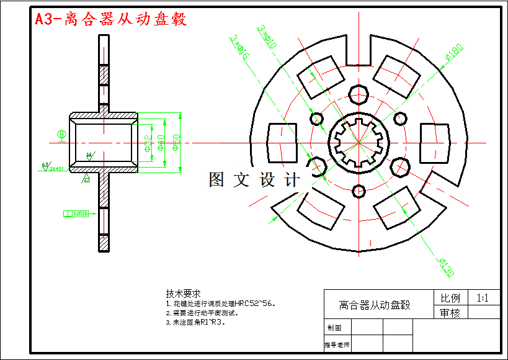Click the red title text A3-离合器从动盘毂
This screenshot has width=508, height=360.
[x=110, y=19]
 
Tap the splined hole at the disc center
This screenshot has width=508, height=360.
[x=359, y=143]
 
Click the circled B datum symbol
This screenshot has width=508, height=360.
[x=61, y=134]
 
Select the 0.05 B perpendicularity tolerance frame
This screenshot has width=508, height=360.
[x=76, y=214]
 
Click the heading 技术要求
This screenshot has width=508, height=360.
[x=183, y=293]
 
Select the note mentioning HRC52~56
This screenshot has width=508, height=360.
[x=220, y=304]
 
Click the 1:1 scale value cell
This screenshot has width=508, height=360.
[x=483, y=298]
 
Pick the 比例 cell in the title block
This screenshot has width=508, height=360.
[x=450, y=298]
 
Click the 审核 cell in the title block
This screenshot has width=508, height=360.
[x=450, y=313]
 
